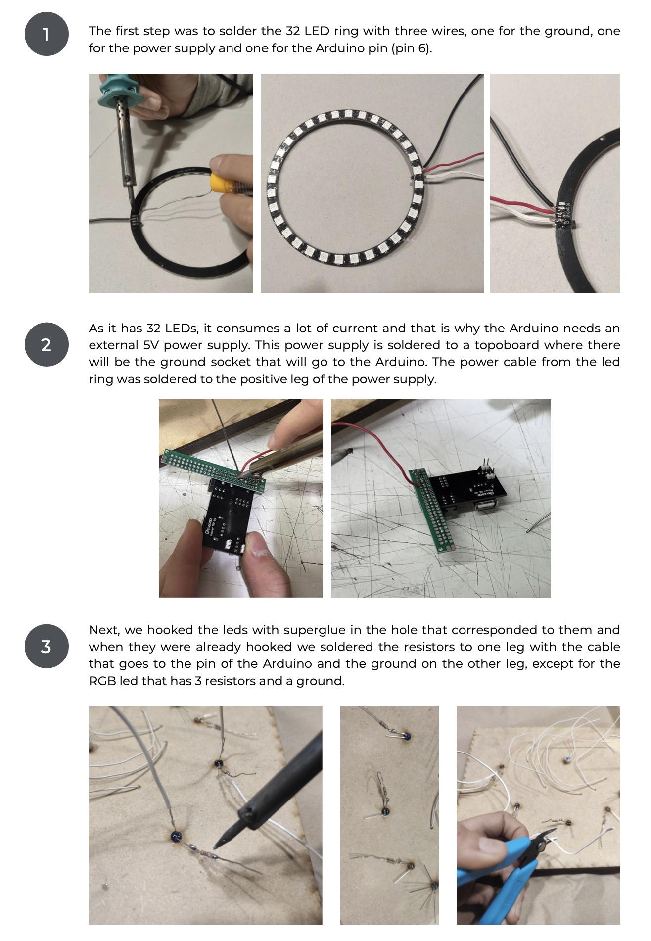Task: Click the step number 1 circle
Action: click(46, 34)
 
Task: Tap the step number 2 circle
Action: click(46, 344)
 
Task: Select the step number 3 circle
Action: click(46, 646)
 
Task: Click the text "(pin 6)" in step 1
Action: click(412, 48)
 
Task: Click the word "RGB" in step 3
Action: click(101, 681)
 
